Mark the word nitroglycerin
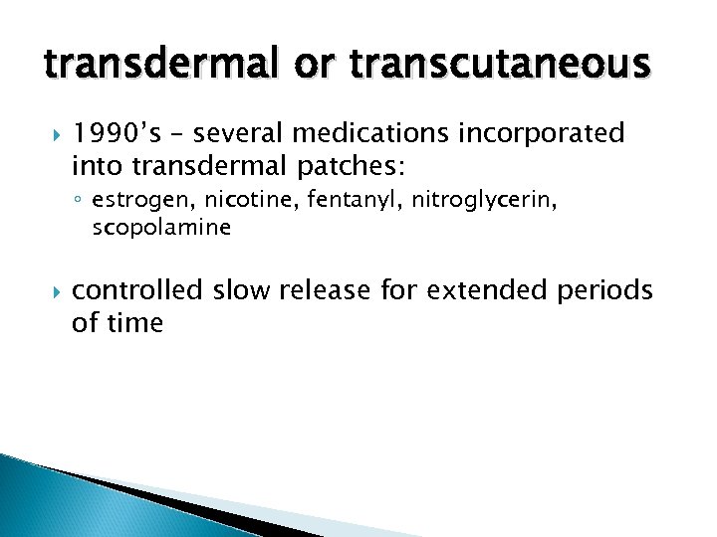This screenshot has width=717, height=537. pyautogui.click(x=473, y=201)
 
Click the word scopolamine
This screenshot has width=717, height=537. pyautogui.click(x=160, y=228)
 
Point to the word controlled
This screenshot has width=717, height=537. pyautogui.click(x=142, y=290)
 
